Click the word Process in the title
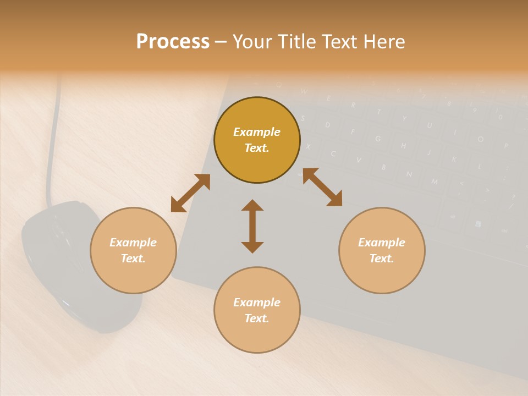173,42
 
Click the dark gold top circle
257,140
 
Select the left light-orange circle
133,250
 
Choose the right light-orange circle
382,250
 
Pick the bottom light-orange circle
257,310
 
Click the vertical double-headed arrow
252,226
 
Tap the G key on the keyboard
378,139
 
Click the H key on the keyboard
403,146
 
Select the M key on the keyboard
435,182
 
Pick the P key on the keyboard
505,146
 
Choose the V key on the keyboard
359,160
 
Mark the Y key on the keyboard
404,119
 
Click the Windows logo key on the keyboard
478,224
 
